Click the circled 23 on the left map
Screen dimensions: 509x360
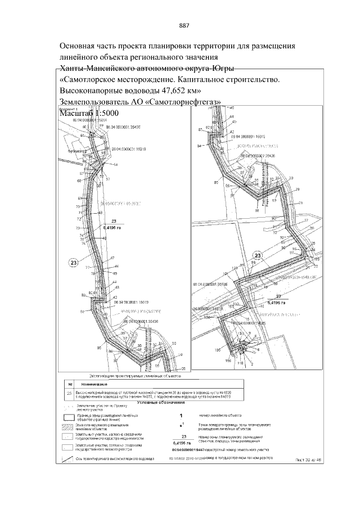[73, 262]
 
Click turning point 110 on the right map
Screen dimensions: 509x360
[239, 364]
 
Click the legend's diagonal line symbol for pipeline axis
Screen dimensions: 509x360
[66, 459]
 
